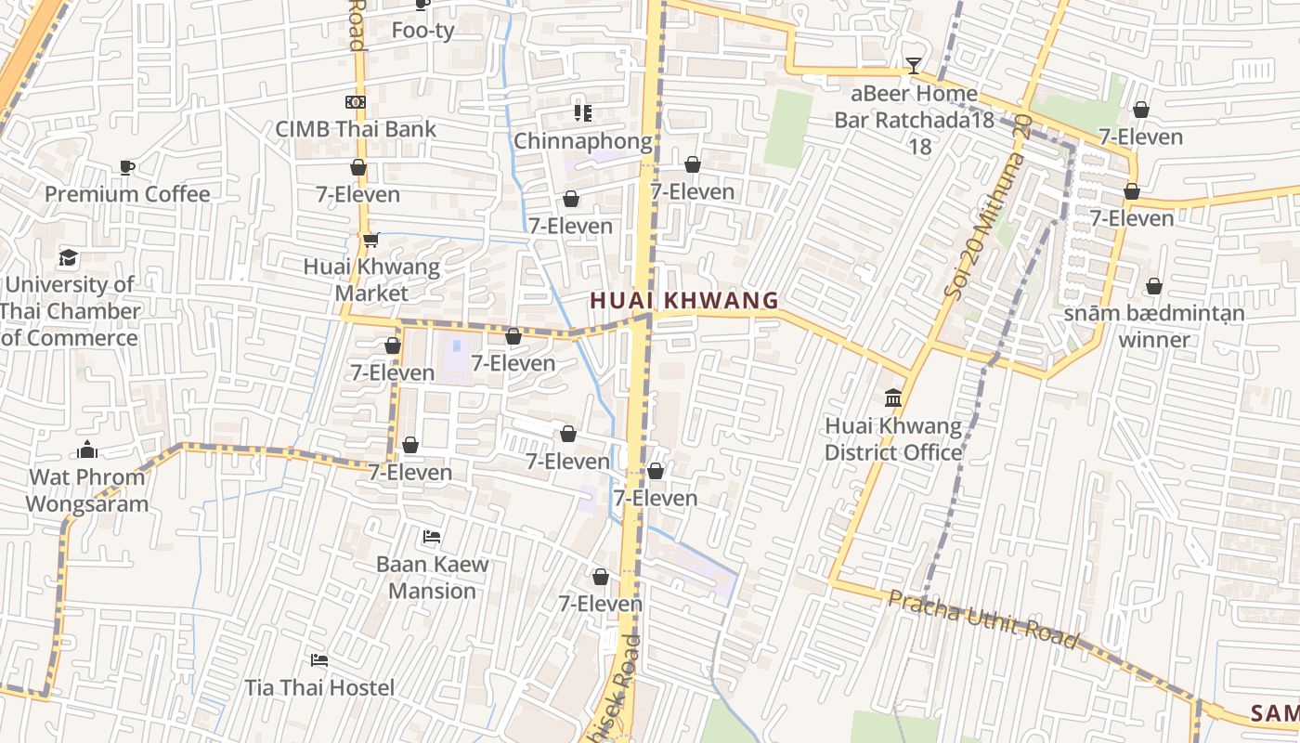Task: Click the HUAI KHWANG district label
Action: (684, 300)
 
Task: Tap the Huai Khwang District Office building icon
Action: (893, 398)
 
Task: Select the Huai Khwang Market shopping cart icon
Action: (370, 240)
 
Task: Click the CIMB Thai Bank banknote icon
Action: (356, 102)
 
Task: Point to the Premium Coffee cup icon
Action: (127, 167)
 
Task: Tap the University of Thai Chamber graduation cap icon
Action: (69, 257)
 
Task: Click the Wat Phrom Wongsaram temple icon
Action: (87, 450)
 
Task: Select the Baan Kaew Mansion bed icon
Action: (432, 537)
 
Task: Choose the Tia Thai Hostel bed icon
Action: (319, 660)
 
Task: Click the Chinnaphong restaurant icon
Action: (582, 113)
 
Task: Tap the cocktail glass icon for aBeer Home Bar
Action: (914, 66)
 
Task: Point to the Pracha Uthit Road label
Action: (982, 619)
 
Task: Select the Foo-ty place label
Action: (422, 30)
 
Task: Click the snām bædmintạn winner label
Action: (1153, 326)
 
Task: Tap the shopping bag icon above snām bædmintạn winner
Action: (1154, 286)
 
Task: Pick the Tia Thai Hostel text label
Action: (319, 687)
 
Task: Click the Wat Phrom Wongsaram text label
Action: (87, 490)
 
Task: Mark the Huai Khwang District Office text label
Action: (893, 439)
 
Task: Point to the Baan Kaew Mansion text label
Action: (432, 577)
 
